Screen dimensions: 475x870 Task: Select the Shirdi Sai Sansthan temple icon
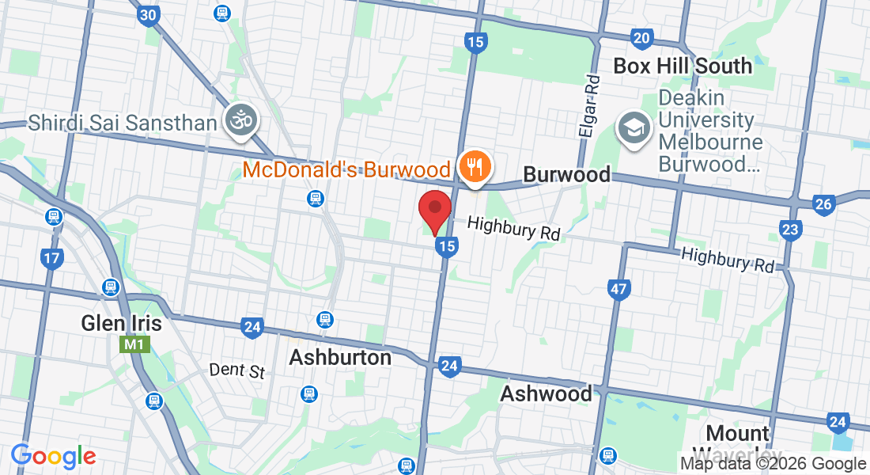241,121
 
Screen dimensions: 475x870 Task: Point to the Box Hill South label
683,66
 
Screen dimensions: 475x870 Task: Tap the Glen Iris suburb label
121,323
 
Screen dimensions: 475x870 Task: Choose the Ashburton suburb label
340,357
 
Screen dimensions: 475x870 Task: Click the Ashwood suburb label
546,393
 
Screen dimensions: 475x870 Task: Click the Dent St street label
237,370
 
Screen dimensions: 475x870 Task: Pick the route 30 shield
147,15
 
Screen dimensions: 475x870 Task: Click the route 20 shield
641,37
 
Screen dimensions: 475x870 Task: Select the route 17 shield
52,258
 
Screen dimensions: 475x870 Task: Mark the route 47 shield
619,289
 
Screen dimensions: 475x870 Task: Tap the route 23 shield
790,230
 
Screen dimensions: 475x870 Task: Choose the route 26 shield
823,204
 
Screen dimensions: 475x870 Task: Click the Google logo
54,456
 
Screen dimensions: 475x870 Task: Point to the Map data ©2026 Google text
773,464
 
